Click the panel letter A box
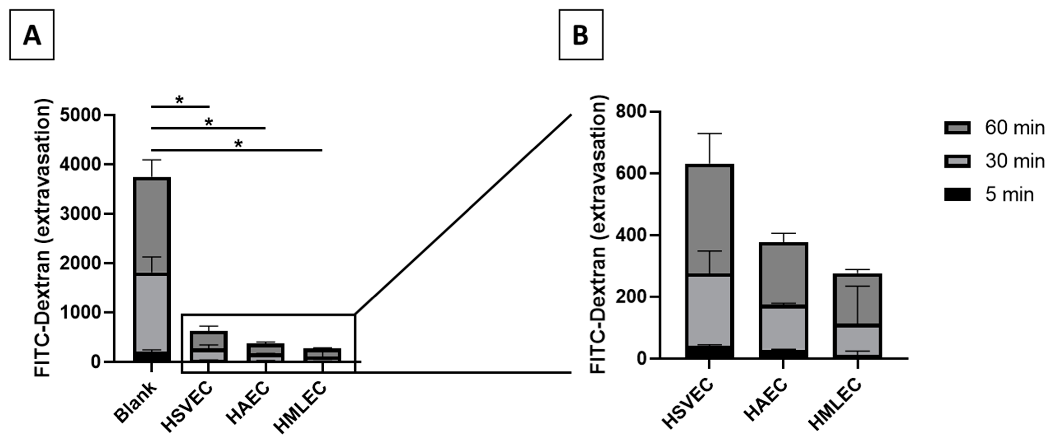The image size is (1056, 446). pos(32,35)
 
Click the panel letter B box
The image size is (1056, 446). pos(581,35)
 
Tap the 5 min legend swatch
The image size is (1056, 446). pos(958,194)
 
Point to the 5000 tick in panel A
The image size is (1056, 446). pos(85,115)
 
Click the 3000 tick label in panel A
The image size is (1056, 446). pos(85,214)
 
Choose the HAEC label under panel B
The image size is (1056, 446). pos(766,400)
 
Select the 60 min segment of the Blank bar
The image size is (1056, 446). pos(152,226)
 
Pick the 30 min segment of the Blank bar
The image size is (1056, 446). pos(152,312)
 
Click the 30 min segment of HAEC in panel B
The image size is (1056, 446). pos(783,328)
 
